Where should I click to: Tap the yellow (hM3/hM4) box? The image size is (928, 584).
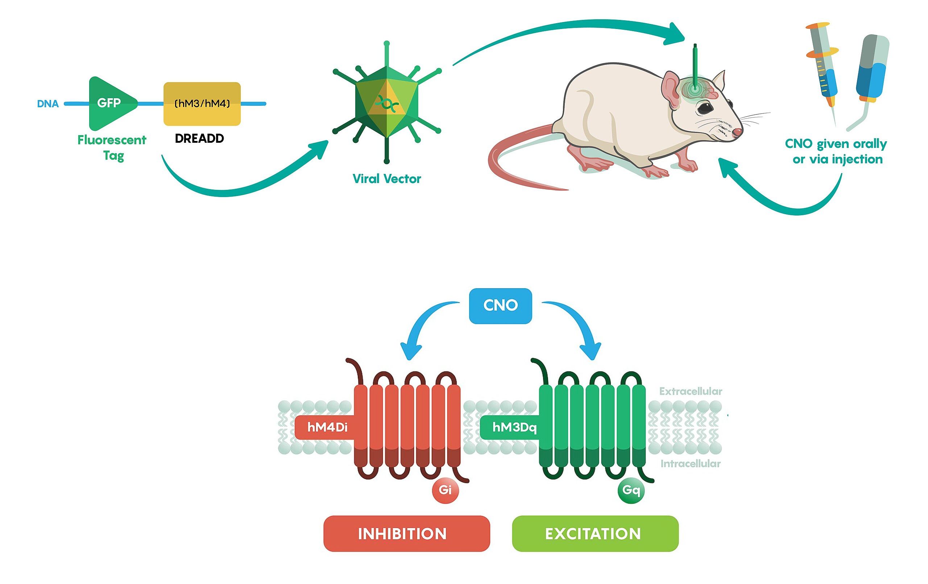pos(202,104)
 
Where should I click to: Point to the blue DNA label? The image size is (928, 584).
pos(48,104)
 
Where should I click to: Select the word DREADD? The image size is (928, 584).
pos(199,138)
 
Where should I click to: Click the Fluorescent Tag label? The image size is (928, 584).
pos(112,147)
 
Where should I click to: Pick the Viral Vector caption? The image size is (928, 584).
pos(386,179)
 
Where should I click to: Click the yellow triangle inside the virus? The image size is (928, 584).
pos(386,101)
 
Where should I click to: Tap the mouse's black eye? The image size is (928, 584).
pos(706,108)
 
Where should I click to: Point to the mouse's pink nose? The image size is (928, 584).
pos(737,133)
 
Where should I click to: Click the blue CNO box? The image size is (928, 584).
pos(500,305)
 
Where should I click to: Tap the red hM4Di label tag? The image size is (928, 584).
pos(327,427)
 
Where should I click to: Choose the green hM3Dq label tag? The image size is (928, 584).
pos(514,427)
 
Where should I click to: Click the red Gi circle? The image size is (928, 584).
pos(445,490)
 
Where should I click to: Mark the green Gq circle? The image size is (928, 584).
pos(631,490)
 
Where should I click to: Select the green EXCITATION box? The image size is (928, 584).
pos(594,534)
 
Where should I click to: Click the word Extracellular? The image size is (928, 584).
pos(690,391)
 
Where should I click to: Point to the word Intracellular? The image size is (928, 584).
pos(690,463)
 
